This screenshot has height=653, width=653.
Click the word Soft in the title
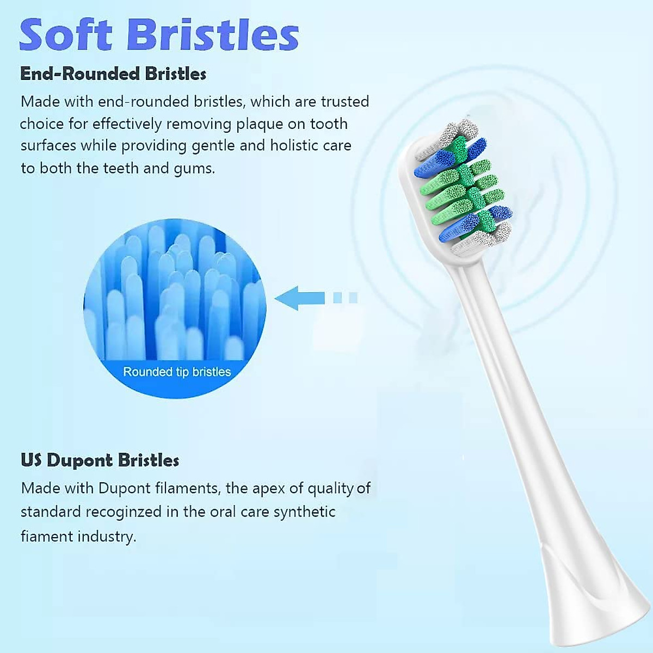click(x=67, y=35)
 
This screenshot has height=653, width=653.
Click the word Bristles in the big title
click(x=214, y=35)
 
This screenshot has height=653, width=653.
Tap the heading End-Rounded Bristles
click(x=113, y=74)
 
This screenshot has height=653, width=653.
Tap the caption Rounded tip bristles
click(x=177, y=372)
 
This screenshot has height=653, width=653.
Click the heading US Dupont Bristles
click(x=100, y=460)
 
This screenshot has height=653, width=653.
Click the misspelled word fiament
click(x=47, y=537)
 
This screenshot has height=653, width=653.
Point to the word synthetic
click(x=304, y=512)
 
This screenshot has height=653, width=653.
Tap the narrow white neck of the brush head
click(x=501, y=381)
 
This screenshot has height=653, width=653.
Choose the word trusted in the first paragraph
click(x=344, y=102)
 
